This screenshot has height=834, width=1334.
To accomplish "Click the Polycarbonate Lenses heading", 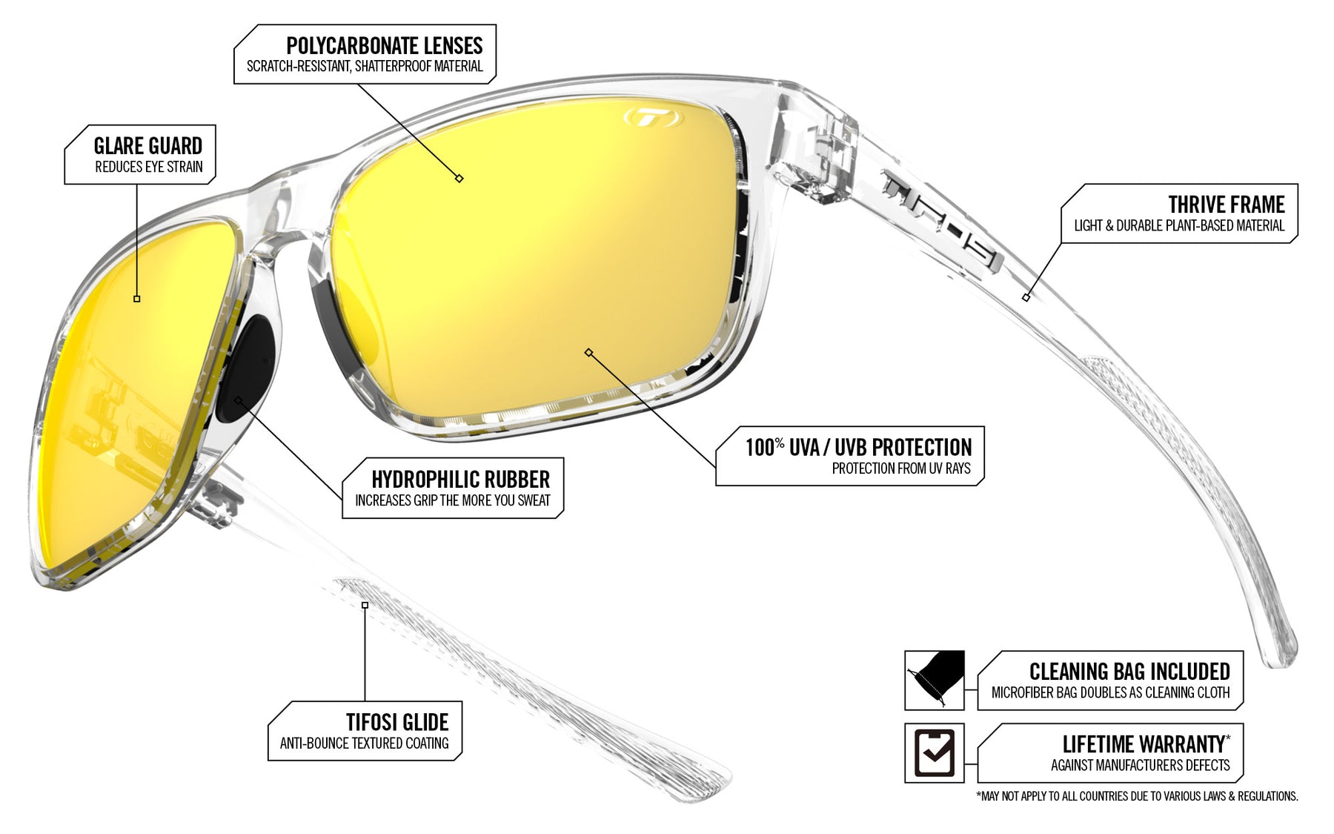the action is (384, 46).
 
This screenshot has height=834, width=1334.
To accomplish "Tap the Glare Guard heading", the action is (148, 146).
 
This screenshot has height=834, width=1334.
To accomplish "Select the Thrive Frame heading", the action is (1227, 205).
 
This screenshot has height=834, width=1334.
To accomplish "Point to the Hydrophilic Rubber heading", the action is (461, 480).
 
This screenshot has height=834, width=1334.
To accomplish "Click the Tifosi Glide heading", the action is (397, 722).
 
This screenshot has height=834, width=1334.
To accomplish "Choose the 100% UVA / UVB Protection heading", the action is (858, 447).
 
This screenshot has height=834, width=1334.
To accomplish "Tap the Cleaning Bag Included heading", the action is (1129, 672).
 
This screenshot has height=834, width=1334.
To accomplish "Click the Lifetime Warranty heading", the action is (1146, 744).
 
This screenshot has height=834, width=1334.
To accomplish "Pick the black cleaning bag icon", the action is (935, 680).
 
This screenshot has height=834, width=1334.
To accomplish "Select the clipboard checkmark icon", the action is (935, 752).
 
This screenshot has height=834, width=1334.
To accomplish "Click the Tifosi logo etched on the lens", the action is (649, 117).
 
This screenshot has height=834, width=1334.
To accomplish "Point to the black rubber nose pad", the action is (248, 368).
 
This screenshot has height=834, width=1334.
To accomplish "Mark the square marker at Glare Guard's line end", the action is (137, 299).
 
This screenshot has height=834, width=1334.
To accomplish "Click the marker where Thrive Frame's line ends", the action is (1026, 297).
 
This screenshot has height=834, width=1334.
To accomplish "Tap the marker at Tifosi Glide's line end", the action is (365, 606).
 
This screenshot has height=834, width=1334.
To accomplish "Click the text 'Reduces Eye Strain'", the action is (149, 167).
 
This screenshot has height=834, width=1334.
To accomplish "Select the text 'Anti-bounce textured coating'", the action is (365, 743).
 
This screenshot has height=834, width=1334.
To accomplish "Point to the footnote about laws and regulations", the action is (1137, 796).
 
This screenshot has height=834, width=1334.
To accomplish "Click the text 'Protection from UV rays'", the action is (901, 469).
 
